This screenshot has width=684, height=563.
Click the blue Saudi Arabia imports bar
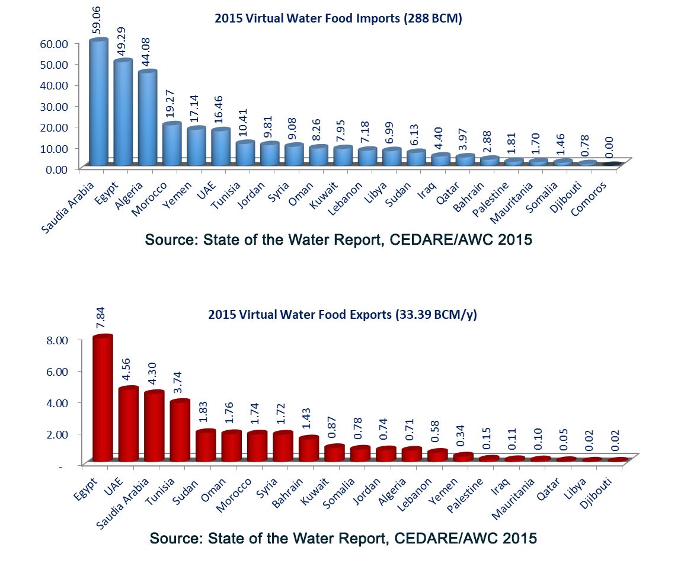click(x=98, y=102)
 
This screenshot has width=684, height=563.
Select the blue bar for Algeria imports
click(x=147, y=118)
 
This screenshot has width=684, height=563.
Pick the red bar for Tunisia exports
click(x=180, y=431)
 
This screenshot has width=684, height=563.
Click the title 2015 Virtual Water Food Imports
click(x=338, y=18)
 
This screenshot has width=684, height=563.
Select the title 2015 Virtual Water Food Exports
click(x=342, y=315)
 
